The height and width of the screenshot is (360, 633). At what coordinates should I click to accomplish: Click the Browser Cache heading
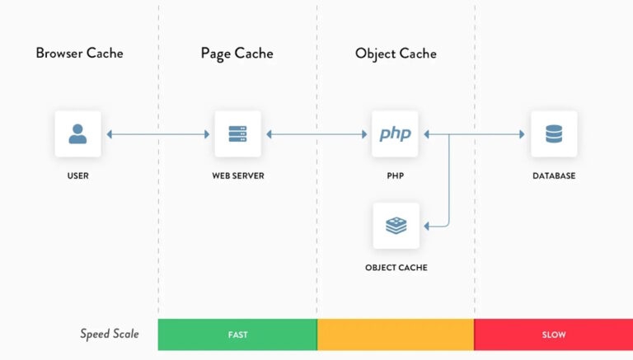coord(79,54)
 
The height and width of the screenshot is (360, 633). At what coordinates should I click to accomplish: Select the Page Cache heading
coord(237,54)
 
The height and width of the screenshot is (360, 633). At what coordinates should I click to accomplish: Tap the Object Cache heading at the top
coord(396,54)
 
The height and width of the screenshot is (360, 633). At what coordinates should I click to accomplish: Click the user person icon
coord(78,133)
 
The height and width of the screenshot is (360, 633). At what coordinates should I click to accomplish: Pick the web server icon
coord(237,133)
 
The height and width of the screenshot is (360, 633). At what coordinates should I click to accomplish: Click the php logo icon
coord(396,133)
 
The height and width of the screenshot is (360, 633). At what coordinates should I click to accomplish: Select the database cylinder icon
coord(554,133)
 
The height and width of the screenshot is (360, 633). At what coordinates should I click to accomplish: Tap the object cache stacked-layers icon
coord(396,225)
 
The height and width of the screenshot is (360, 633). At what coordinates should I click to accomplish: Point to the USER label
coord(78,175)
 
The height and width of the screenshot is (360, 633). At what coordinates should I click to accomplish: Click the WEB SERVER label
coord(237,175)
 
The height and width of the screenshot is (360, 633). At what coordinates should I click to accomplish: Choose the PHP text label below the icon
coord(396,175)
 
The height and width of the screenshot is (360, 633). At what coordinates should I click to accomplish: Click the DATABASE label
coord(554,175)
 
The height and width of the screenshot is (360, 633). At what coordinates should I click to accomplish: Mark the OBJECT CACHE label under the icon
coord(396,268)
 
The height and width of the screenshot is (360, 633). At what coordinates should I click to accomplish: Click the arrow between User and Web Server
coord(157,133)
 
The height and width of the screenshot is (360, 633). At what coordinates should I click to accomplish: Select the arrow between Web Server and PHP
coord(316,133)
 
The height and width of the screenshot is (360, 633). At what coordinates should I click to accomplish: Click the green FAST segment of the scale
coord(237,334)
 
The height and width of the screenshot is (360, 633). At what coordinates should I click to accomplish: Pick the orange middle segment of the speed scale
coord(396,334)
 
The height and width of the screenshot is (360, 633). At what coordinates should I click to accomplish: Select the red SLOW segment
coord(554,334)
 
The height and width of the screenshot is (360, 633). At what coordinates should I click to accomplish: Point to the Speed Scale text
coord(110,334)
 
